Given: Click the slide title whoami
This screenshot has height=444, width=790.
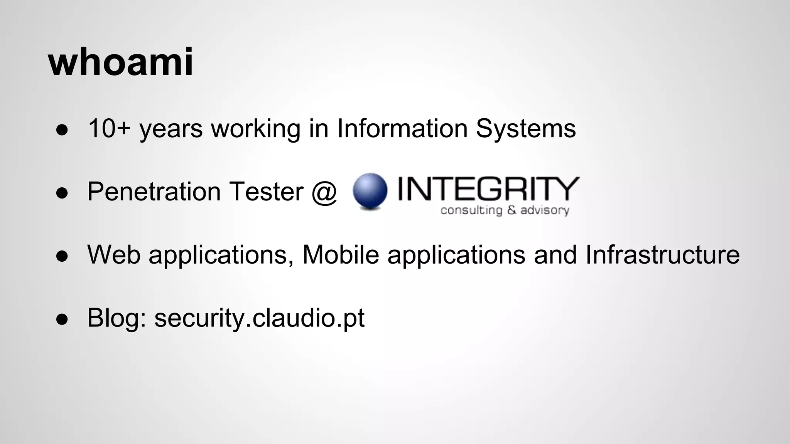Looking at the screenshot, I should (120, 62).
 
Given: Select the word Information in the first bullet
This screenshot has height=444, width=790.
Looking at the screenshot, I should (402, 128).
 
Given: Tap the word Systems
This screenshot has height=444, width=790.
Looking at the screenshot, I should (525, 129).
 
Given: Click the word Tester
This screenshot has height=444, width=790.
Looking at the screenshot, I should (266, 192).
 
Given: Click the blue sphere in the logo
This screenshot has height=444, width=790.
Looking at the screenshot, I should (370, 191).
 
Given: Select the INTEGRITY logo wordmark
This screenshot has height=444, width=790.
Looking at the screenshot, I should (488, 189).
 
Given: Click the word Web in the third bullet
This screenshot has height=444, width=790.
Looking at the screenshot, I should (114, 255).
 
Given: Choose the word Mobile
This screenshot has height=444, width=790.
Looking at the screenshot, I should (340, 255).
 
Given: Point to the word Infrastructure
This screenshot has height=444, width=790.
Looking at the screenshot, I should (662, 255).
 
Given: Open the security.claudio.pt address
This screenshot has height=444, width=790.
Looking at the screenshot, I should (259, 318).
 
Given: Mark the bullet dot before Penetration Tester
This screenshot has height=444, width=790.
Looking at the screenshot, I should (62, 193).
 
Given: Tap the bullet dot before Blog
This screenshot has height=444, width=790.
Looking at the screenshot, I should (62, 320).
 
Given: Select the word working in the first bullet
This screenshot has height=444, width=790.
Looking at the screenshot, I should (255, 129).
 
